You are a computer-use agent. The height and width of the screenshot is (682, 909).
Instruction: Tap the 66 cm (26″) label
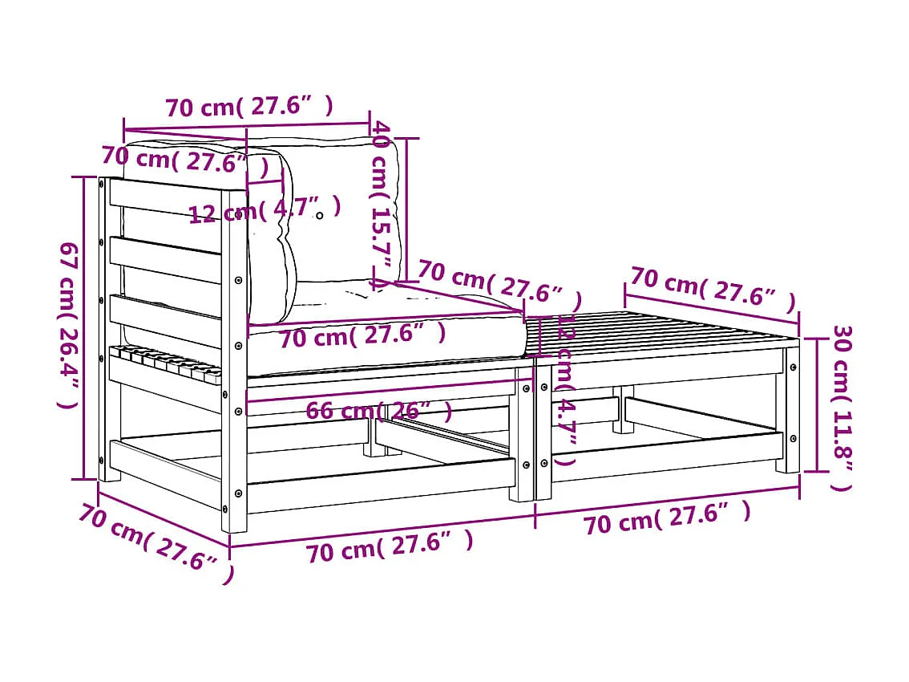click(378, 411)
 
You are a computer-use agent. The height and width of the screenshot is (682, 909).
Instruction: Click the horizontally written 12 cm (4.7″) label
click(265, 210)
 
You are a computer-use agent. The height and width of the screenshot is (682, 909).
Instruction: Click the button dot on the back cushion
click(319, 215)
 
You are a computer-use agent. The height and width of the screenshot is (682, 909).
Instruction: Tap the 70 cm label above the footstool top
click(712, 288)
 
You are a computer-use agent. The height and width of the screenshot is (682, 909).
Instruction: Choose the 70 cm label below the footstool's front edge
click(667, 518)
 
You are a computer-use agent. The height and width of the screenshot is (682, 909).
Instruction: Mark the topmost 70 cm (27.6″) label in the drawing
click(248, 107)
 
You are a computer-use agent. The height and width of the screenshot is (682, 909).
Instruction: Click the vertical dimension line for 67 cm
click(84, 329)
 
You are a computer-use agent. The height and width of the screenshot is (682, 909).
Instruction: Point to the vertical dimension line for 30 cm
click(816, 405)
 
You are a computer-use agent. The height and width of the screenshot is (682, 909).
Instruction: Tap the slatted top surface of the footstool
click(665, 333)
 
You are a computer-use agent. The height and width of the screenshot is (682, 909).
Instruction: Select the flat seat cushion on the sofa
click(385, 341)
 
